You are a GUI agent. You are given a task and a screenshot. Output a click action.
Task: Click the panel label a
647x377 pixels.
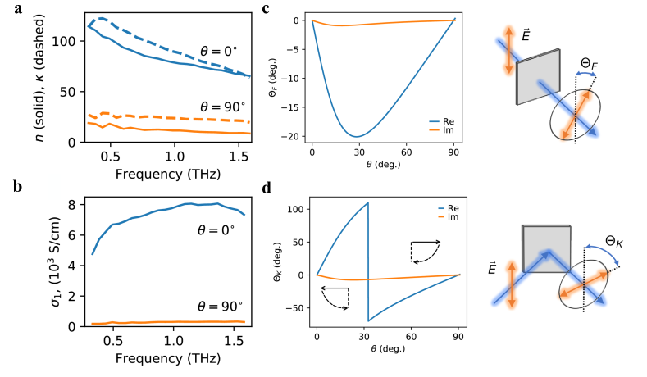[x=6, y=10]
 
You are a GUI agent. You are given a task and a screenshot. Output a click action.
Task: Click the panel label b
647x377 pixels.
[x=6, y=187]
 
